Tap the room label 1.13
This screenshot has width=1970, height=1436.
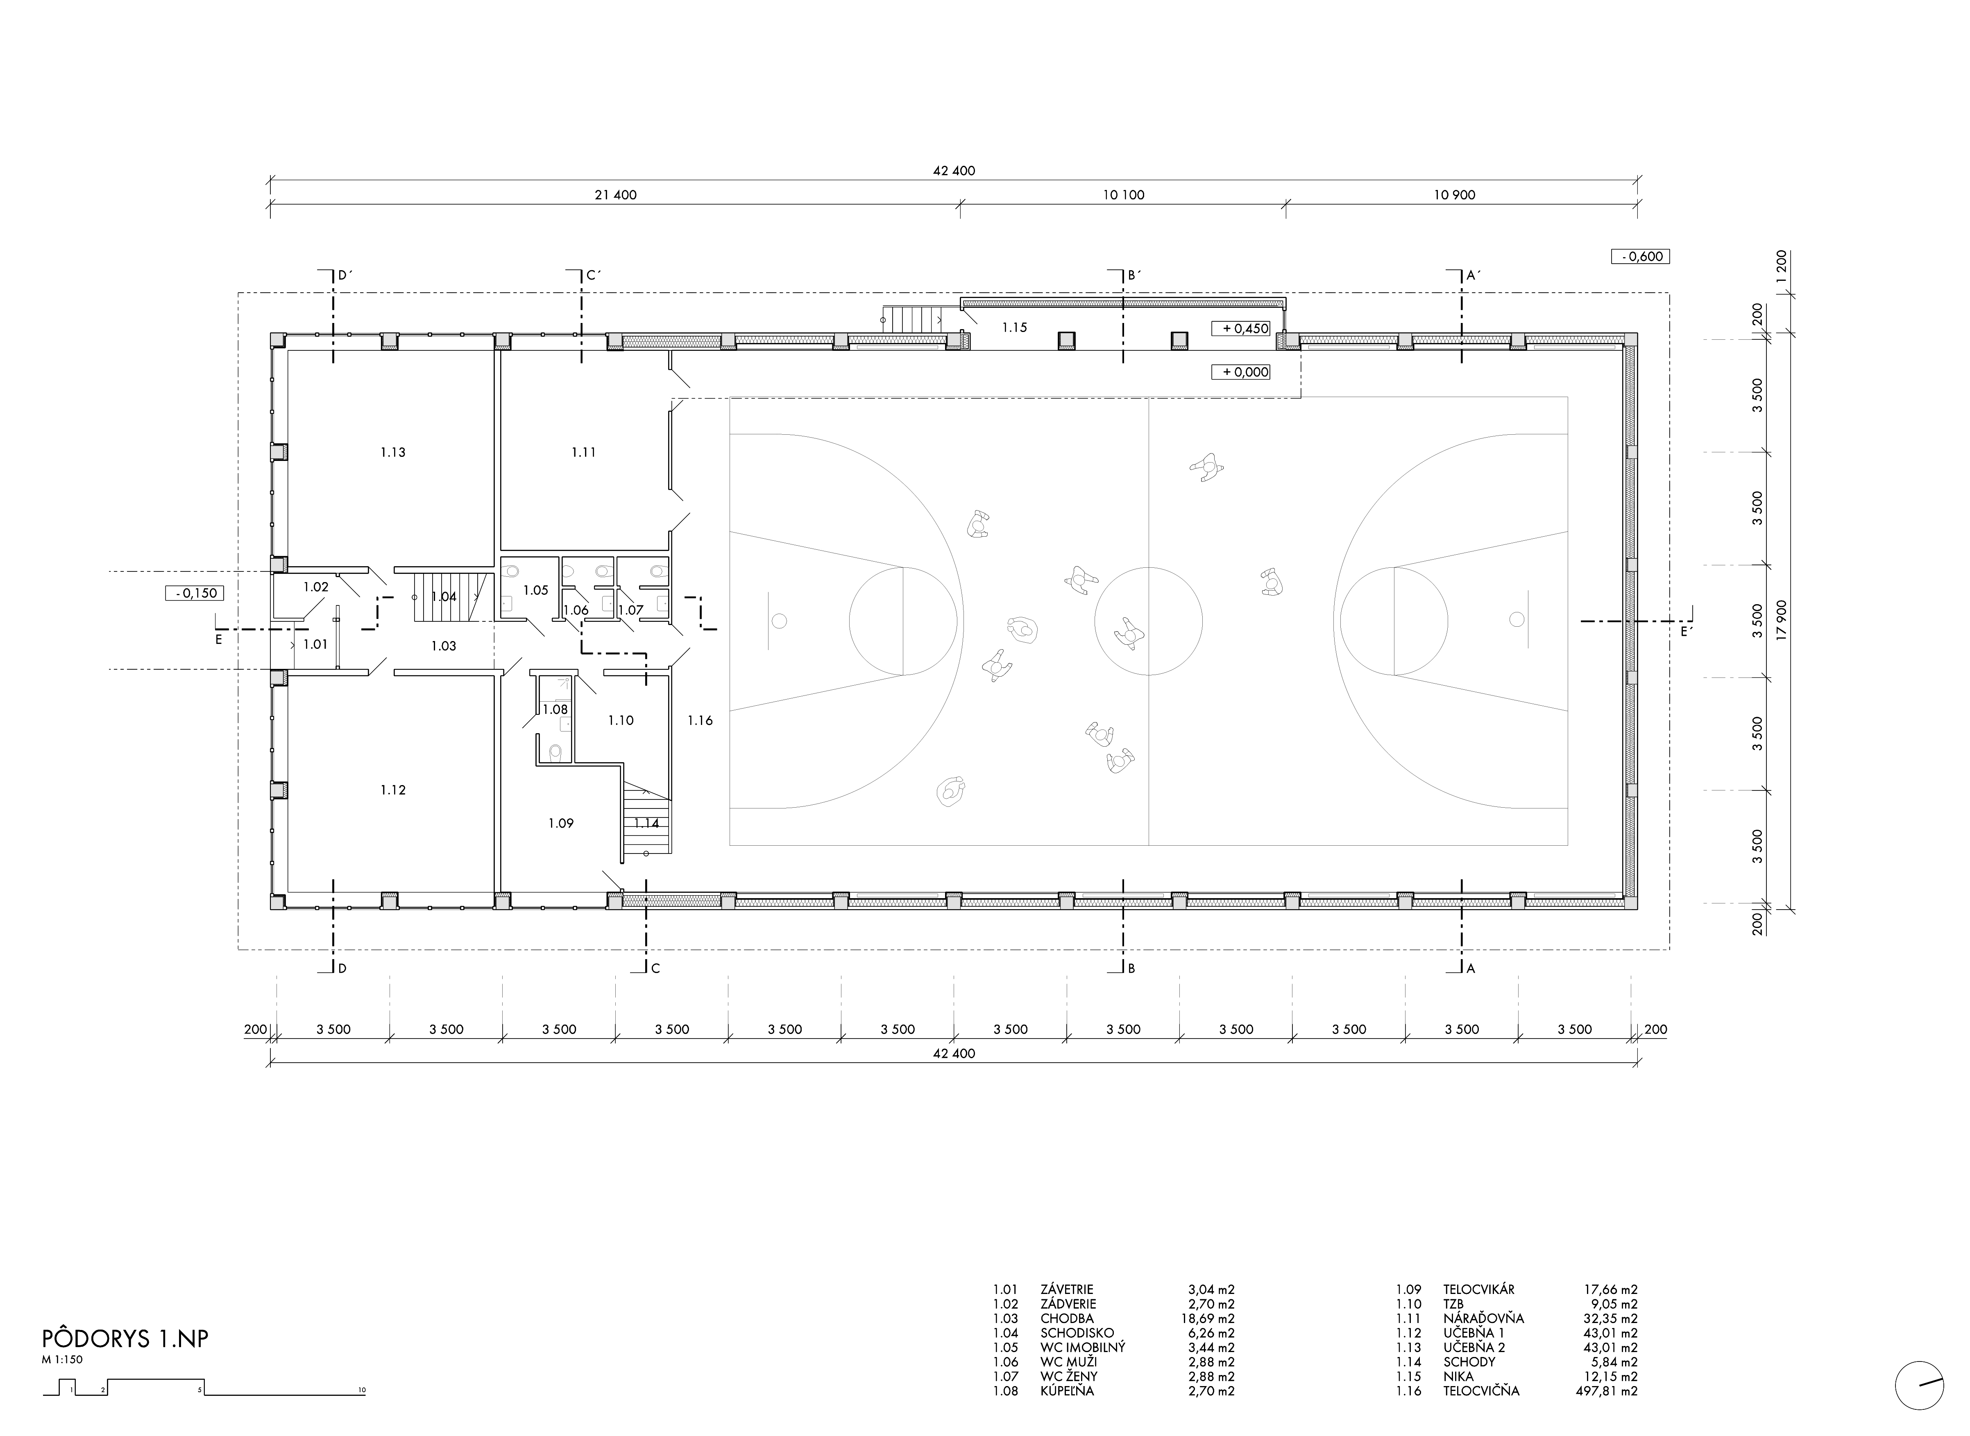(393, 452)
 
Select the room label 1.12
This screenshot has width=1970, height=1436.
(393, 790)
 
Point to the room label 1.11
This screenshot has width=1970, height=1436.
(584, 452)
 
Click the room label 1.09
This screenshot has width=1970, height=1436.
(561, 823)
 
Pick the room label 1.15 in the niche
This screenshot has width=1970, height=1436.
(1014, 328)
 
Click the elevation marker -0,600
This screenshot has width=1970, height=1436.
(1640, 256)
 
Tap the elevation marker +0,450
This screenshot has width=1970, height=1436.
(1241, 329)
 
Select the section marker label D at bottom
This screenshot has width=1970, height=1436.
(343, 969)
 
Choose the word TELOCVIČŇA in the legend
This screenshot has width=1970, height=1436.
(1481, 1391)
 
